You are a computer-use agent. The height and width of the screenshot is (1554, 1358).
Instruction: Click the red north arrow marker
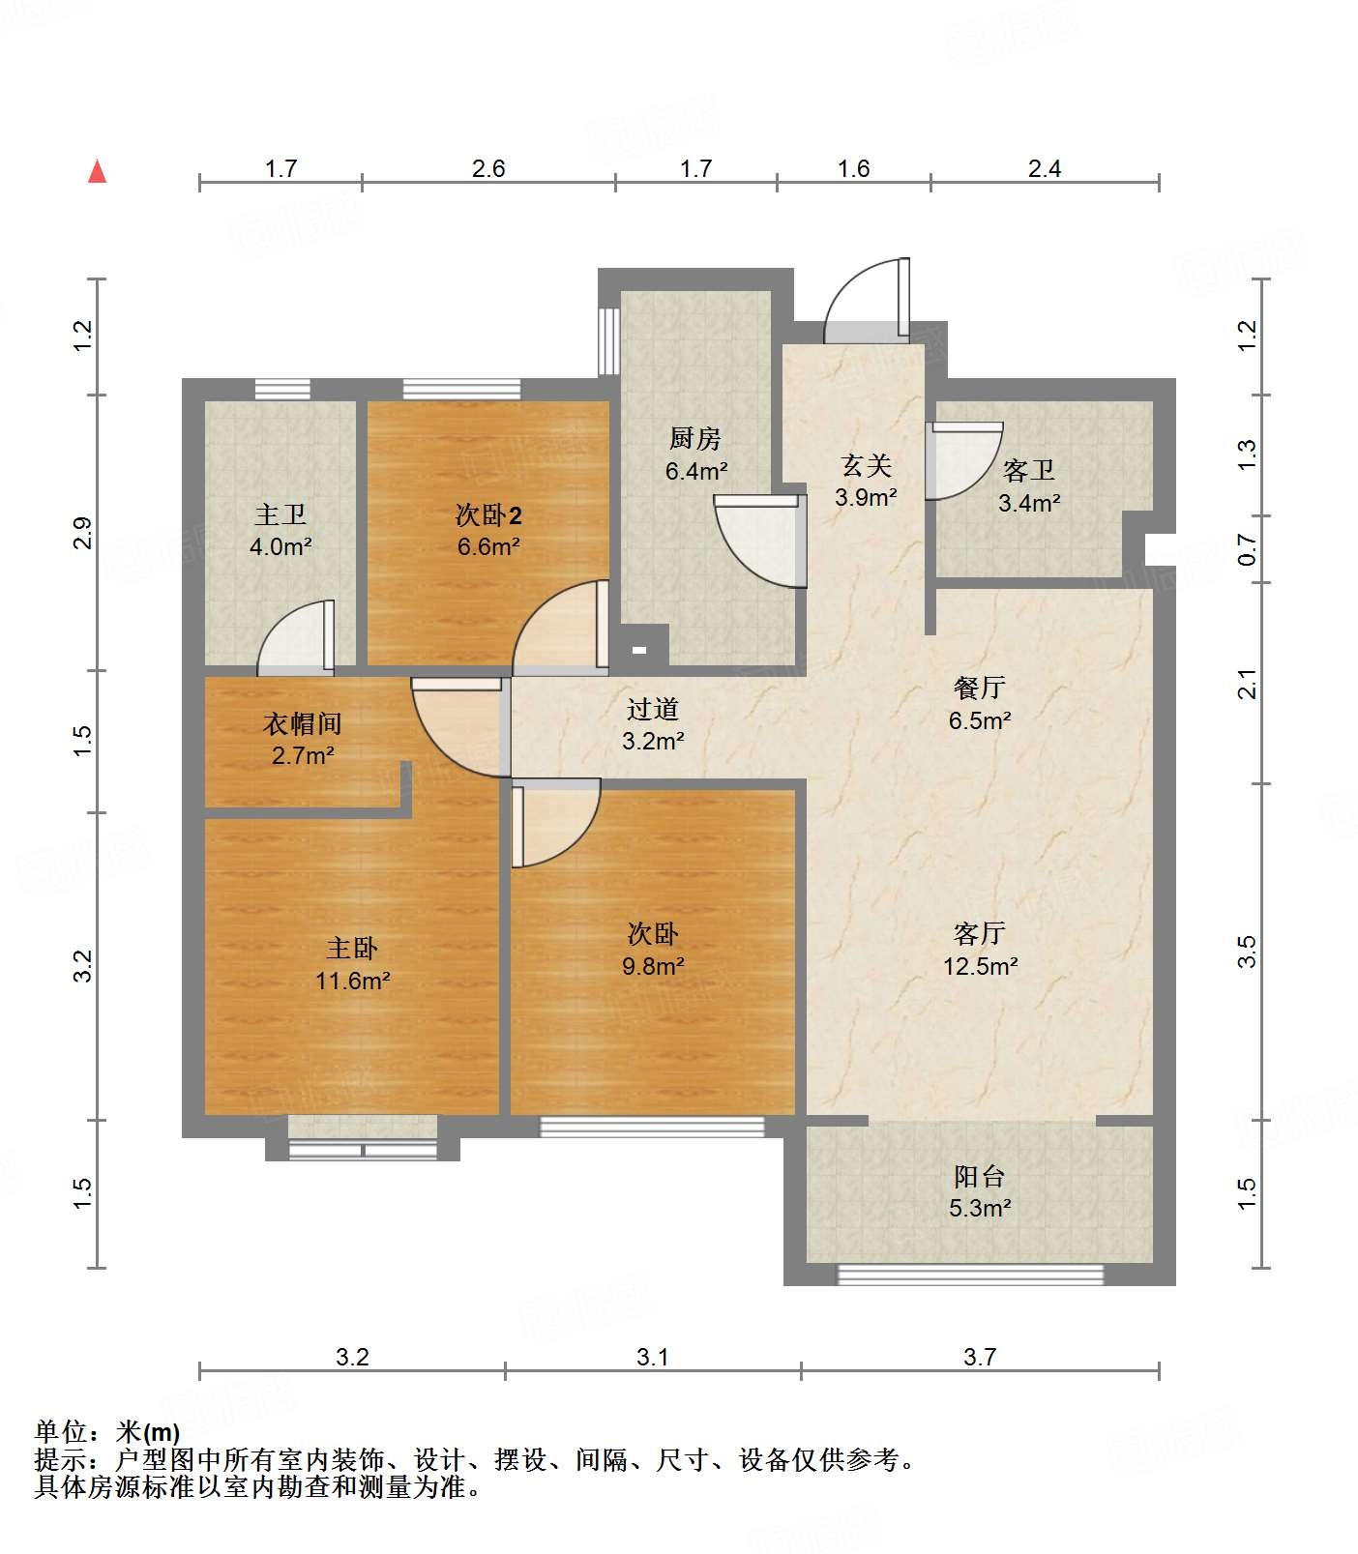click(97, 171)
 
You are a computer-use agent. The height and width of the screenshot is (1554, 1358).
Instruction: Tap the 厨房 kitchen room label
click(695, 439)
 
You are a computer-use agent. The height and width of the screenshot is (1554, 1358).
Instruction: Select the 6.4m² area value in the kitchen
click(696, 471)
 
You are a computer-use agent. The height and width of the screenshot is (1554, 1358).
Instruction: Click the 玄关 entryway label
click(866, 466)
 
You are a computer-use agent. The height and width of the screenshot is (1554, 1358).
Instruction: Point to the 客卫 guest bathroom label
click(1029, 471)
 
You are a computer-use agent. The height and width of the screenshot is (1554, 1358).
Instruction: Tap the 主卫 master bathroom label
click(280, 514)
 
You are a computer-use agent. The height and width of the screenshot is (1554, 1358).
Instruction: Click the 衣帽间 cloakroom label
click(303, 723)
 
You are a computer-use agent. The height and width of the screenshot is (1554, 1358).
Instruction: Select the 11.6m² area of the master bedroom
click(352, 981)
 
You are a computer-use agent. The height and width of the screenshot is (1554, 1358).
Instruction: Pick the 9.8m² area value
click(653, 966)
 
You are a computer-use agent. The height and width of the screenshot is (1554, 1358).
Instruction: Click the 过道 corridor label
click(653, 709)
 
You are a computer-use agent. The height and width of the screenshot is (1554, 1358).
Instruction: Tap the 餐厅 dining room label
click(980, 688)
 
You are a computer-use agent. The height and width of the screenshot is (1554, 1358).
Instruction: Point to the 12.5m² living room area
click(980, 966)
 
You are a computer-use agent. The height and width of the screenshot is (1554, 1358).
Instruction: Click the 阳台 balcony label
click(980, 1176)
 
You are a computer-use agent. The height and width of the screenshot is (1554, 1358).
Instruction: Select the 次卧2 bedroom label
click(488, 514)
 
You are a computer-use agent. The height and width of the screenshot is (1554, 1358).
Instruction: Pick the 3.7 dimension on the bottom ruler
click(980, 1357)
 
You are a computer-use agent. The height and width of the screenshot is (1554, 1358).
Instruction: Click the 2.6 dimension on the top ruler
click(488, 168)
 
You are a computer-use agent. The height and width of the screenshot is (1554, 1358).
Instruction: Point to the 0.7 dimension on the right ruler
click(1248, 551)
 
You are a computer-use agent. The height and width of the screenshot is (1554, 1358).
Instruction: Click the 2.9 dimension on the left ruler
click(83, 533)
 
